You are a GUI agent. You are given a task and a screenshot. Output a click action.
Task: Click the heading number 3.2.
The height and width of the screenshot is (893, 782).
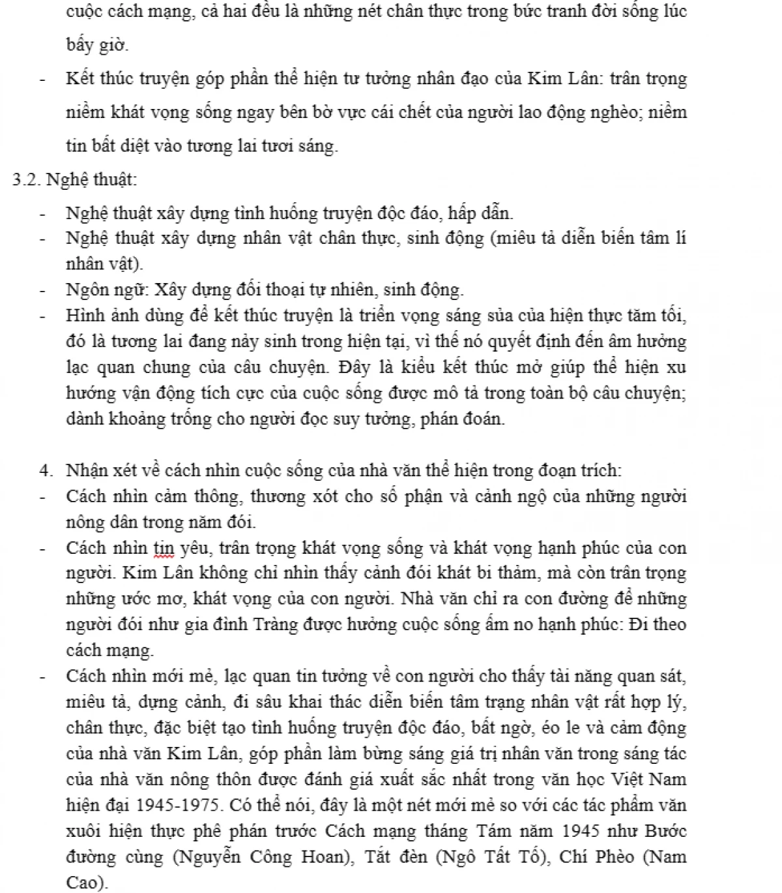pos(27,179)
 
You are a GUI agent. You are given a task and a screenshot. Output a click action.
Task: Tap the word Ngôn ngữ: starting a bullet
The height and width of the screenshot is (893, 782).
pos(97,290)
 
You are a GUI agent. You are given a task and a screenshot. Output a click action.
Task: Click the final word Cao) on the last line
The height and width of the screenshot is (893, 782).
pos(87,882)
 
